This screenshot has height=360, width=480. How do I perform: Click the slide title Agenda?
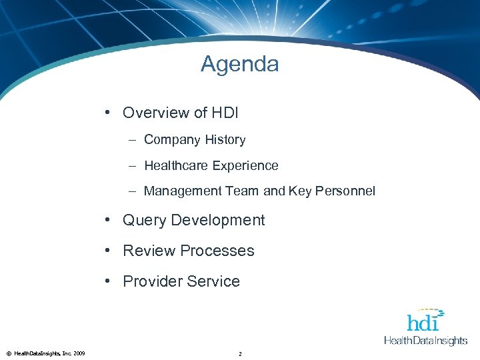(x=239, y=64)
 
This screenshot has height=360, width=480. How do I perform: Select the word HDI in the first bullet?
(x=225, y=113)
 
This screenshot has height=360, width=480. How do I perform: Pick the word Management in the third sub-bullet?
(x=182, y=191)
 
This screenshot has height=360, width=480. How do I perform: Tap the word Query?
(x=145, y=220)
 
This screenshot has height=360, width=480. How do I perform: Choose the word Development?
(x=218, y=220)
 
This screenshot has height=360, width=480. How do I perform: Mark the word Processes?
(x=217, y=251)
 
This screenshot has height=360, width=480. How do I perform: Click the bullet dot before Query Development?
(x=108, y=220)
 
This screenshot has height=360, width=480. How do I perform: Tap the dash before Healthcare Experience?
(x=133, y=165)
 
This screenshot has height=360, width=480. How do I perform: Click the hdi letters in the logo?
(x=423, y=323)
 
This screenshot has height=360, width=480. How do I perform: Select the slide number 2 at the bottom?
(x=240, y=353)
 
